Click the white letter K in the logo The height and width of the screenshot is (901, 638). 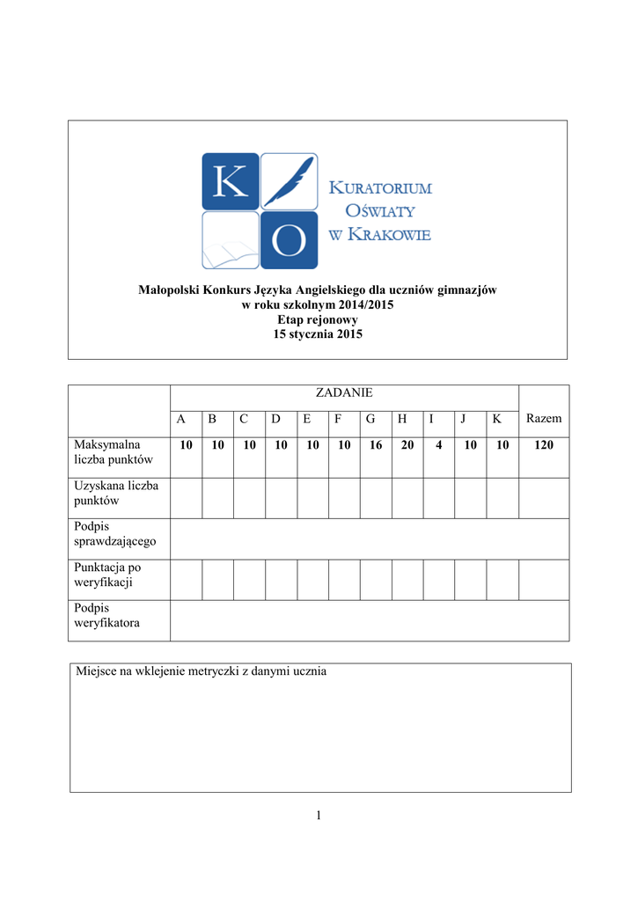pos(230,181)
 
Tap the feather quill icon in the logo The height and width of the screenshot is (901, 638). pos(290,181)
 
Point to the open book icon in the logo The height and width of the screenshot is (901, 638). pos(230,241)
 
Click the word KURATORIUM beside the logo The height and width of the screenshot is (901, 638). pos(380,188)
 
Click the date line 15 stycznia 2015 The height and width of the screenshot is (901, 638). pos(319,334)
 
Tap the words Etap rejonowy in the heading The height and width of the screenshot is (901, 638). pos(318,319)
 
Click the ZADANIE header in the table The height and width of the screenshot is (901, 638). pos(344,392)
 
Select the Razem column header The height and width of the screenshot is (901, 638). pos(543,419)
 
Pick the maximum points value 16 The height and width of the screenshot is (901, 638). pos(376,446)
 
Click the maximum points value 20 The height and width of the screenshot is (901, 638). pos(407,446)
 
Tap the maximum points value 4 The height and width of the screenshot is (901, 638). pos(438,446)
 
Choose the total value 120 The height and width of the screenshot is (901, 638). pos(544,446)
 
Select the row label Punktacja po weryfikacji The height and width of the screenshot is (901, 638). pos(107,575)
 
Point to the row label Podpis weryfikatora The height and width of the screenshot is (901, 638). pos(106,615)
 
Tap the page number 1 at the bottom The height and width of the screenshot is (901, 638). pos(319,817)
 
